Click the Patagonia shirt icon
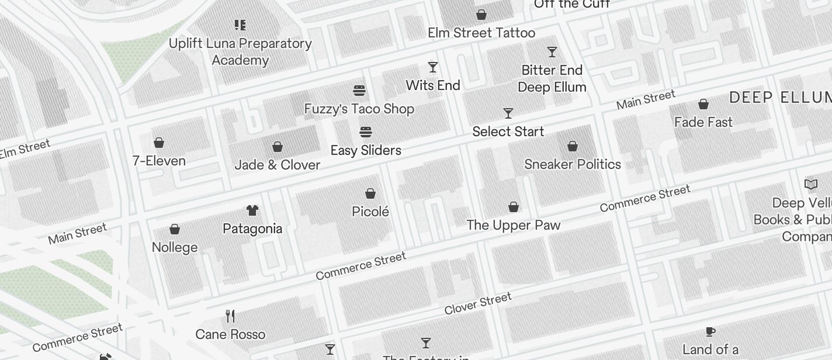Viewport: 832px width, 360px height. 252,210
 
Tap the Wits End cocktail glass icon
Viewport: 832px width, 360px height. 433,67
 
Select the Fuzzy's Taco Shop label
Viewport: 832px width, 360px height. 359,109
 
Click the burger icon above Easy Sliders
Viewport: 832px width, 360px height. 366,132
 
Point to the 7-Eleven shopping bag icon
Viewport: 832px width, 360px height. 159,143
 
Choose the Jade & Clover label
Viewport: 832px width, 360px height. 278,165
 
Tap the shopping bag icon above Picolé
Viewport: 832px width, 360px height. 370,193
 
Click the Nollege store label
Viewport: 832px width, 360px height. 175,247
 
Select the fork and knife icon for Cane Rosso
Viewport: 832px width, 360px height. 231,317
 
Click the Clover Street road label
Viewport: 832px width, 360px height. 478,304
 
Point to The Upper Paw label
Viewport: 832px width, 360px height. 514,225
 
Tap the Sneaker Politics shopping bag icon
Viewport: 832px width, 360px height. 573,146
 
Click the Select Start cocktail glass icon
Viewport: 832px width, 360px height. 508,113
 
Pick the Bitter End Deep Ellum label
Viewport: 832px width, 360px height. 552,78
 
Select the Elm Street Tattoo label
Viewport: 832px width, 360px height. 481,33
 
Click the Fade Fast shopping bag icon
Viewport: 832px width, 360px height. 703,104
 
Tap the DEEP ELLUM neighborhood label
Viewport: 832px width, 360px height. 780,98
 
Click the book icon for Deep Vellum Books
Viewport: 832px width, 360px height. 811,185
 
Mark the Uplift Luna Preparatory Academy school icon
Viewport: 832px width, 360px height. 240,25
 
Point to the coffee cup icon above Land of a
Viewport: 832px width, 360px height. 710,331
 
